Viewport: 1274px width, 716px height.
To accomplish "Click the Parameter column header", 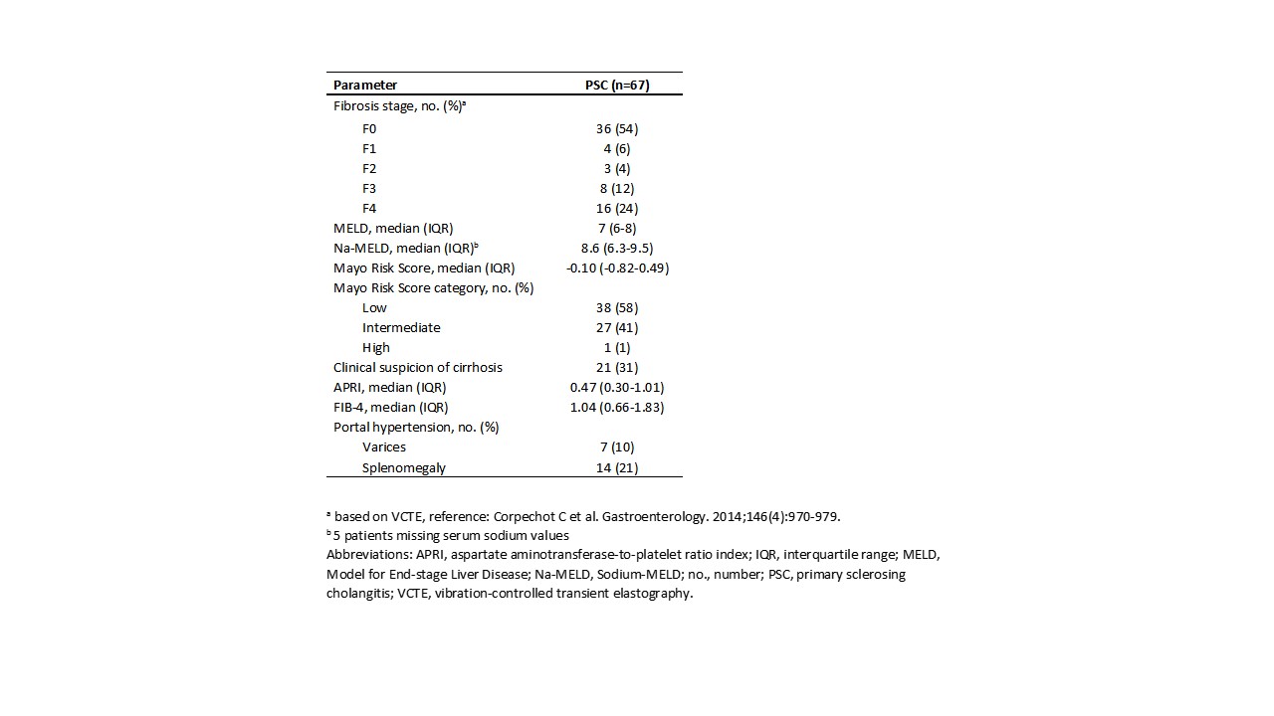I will coord(365,86).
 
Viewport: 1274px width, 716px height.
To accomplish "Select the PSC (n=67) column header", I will coord(616,86).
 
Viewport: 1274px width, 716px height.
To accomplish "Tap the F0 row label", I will coord(369,129).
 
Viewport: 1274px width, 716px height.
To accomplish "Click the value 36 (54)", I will coord(616,129).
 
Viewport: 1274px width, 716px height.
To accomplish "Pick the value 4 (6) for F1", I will coord(616,149).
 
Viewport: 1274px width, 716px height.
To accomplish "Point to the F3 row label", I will coord(369,189).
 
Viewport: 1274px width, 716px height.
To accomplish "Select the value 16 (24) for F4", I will coord(616,209).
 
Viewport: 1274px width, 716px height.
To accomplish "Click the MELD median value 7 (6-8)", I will coord(616,229).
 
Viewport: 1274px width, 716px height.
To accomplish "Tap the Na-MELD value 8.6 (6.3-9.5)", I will coord(616,249).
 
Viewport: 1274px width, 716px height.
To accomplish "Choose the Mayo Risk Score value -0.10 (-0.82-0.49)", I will coord(616,268).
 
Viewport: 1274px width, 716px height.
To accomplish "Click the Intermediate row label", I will coord(401,328).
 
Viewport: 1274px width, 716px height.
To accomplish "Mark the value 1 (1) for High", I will coord(616,348).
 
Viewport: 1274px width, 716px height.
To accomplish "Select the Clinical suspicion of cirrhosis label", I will coord(418,368).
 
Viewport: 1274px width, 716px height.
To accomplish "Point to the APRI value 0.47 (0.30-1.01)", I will coord(616,388).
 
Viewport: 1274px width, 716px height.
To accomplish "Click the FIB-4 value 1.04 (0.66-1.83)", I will coord(616,408).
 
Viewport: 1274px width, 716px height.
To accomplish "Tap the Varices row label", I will coord(384,447).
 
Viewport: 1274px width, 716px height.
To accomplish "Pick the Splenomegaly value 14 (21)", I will coord(616,467).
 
